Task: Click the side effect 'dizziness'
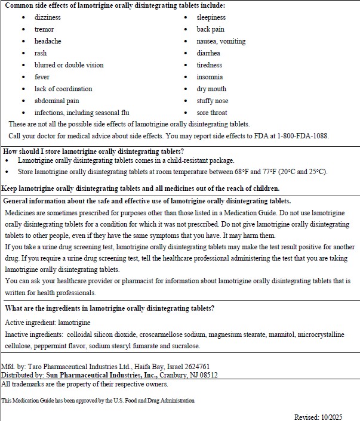(47, 17)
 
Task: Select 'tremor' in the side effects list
(44, 29)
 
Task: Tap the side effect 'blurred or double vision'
(69, 65)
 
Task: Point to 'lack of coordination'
(63, 89)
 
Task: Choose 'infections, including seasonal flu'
(82, 113)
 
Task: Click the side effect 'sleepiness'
(211, 17)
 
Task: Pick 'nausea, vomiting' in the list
(221, 41)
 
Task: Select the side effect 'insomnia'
(210, 77)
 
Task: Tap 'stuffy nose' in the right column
(213, 101)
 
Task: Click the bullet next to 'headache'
(23, 41)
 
